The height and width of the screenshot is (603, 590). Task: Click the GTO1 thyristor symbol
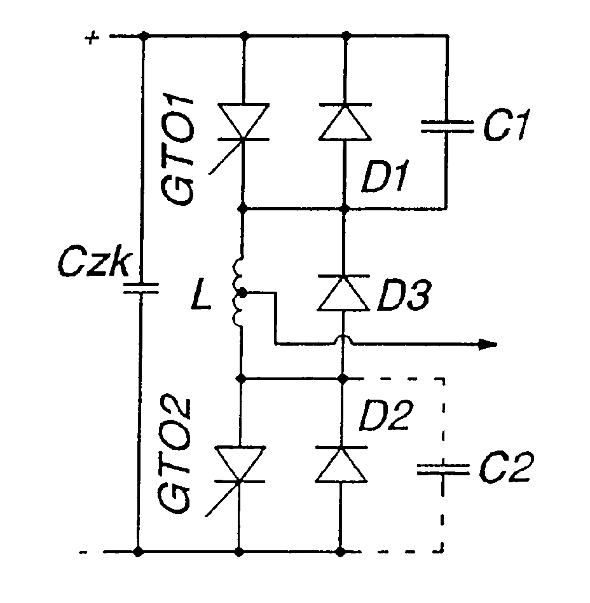point(242,123)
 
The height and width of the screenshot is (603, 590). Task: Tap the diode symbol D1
point(344,123)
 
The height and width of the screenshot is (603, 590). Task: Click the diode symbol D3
point(343,294)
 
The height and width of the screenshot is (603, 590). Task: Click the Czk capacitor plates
point(139,288)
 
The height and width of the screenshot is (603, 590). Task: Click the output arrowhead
point(487,344)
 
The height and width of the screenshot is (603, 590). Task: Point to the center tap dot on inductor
point(243,294)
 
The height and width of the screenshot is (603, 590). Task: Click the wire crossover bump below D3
point(343,342)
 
